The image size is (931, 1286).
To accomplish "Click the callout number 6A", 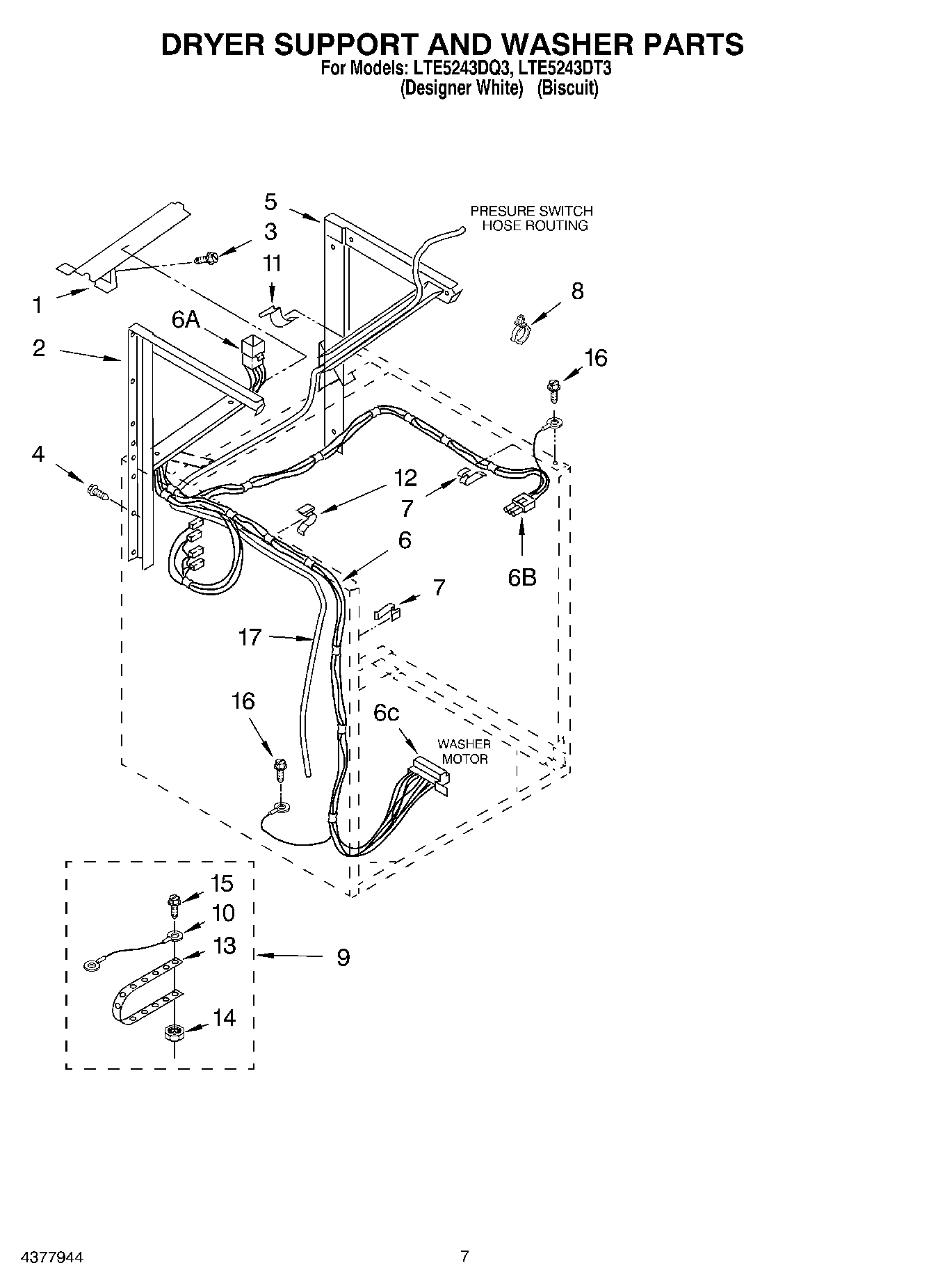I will [x=186, y=320].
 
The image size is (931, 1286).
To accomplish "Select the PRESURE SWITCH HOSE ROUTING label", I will [x=531, y=218].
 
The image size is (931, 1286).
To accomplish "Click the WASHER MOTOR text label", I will [x=464, y=752].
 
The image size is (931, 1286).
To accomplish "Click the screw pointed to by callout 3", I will [x=207, y=259].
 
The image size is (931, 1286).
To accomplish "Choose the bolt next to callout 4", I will [x=96, y=492].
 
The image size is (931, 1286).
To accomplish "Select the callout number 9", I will [x=343, y=958].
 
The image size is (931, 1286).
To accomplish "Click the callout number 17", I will [x=250, y=636].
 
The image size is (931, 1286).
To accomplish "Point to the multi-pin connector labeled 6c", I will [x=429, y=772].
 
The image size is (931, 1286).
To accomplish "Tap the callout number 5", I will [x=270, y=202].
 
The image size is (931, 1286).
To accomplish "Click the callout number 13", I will [x=224, y=946].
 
